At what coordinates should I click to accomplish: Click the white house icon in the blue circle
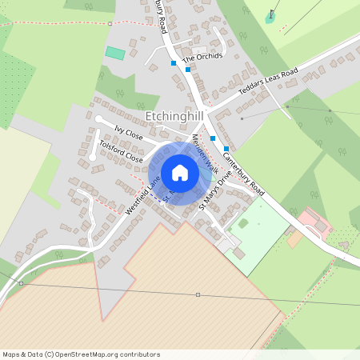(180, 173)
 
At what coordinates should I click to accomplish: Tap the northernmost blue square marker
(173, 63)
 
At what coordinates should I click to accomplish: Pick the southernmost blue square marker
(226, 149)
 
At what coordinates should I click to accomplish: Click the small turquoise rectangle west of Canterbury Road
(115, 53)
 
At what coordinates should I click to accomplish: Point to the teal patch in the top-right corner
(270, 18)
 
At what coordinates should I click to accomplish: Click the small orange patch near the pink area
(294, 238)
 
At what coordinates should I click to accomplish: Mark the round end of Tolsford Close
(93, 157)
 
